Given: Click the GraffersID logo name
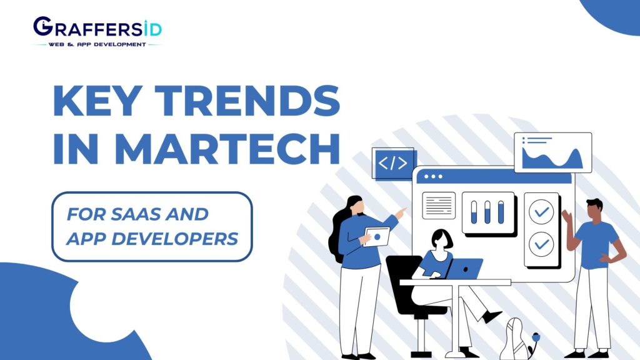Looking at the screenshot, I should (x=97, y=28).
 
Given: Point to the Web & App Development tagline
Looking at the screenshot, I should (x=97, y=45).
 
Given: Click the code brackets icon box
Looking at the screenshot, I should (x=393, y=164).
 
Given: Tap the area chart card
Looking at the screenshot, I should (x=552, y=152).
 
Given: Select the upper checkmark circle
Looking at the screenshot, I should (x=541, y=212).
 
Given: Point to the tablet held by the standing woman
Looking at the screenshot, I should (x=376, y=237).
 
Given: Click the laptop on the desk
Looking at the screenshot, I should (x=463, y=269).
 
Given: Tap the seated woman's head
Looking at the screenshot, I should (x=441, y=239).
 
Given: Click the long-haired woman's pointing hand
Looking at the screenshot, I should (x=401, y=212).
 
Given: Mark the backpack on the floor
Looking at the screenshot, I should (x=515, y=339).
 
